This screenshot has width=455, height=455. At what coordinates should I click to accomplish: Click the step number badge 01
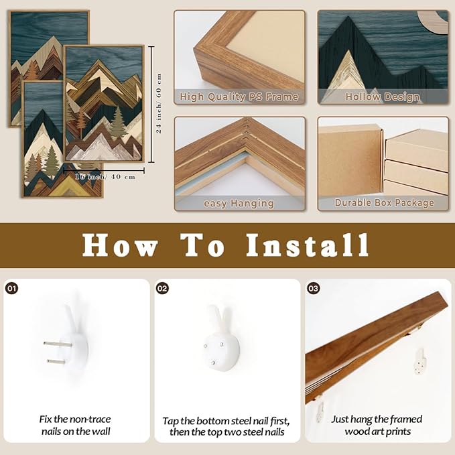(x=11, y=288)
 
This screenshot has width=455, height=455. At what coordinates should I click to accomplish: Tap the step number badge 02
(x=162, y=288)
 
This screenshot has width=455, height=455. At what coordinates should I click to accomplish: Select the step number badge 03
(x=313, y=288)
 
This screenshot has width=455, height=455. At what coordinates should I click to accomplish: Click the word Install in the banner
(x=308, y=245)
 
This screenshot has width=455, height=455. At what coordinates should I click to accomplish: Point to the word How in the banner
(x=120, y=245)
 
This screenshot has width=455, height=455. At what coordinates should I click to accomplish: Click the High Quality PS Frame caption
(x=239, y=96)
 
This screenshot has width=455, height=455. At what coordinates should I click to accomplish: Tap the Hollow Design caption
(x=383, y=97)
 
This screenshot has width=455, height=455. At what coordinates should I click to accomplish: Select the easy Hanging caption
(x=239, y=204)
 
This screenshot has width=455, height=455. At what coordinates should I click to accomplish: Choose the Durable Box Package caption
(x=384, y=203)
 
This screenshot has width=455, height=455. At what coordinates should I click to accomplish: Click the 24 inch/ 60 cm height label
(x=159, y=103)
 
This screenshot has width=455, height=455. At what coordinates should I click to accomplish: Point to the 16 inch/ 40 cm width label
(x=105, y=177)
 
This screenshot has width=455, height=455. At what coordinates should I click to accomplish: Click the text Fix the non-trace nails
(x=76, y=425)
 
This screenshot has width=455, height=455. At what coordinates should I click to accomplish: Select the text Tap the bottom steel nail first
(x=226, y=421)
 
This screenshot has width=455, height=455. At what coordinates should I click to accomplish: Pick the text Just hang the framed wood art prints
(x=377, y=425)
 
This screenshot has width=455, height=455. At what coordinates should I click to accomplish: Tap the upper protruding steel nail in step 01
(x=58, y=344)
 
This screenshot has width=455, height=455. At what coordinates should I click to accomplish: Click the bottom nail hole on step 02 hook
(x=213, y=363)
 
